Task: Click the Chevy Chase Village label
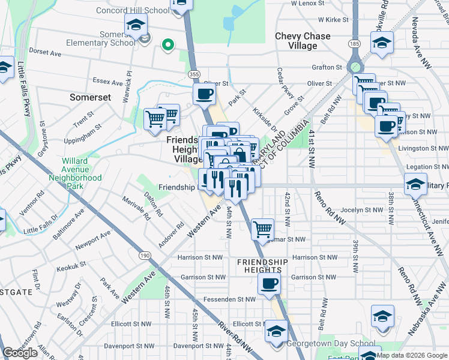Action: coord(303,41)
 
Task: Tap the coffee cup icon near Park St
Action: coord(204,94)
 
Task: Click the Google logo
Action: coord(20,353)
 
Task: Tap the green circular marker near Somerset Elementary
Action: coord(169,44)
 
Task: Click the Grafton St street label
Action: coord(327,67)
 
